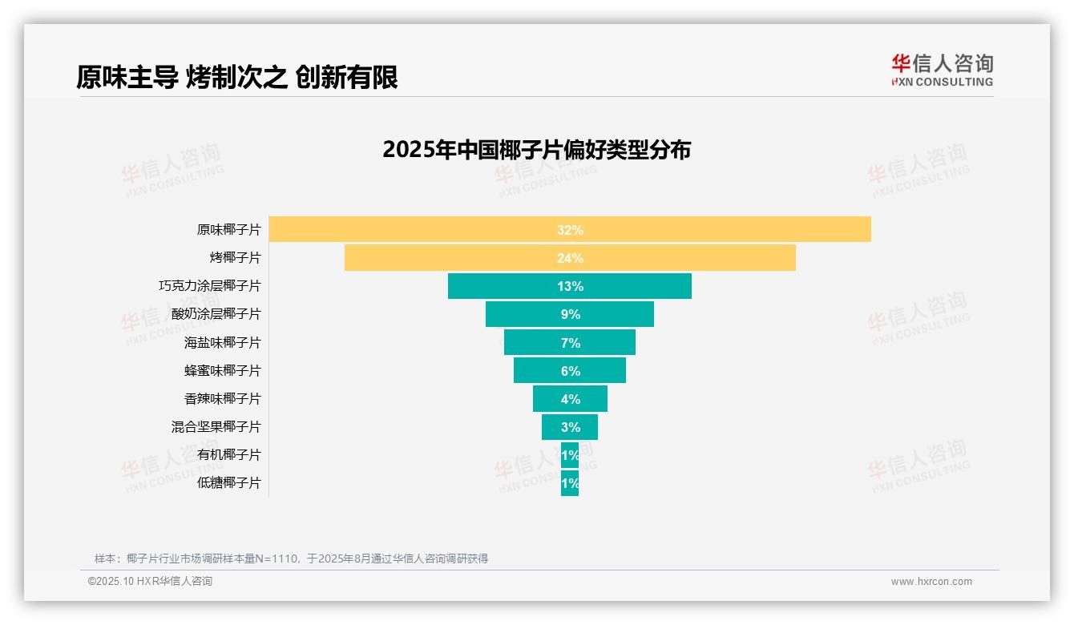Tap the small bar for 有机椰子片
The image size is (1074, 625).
[x=569, y=454]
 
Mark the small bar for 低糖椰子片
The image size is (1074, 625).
[x=569, y=483]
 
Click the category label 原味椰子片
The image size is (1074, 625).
[x=228, y=230]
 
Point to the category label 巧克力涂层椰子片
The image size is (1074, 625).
[x=209, y=286]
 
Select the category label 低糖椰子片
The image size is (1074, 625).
[x=228, y=483]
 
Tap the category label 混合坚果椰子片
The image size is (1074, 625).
[x=216, y=426]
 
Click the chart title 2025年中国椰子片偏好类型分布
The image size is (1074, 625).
[x=536, y=150]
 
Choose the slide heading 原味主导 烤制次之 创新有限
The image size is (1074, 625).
[x=237, y=77]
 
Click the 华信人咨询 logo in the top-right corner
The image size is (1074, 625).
[x=942, y=70]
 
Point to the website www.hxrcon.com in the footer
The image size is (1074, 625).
[x=931, y=582]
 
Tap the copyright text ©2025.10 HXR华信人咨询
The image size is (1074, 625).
[x=150, y=582]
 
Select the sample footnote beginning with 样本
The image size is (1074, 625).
[x=291, y=558]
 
